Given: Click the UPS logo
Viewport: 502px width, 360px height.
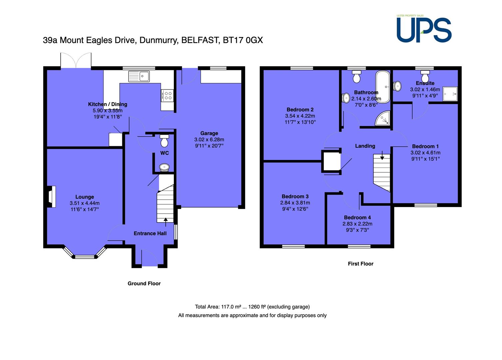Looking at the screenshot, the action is click(x=424, y=29).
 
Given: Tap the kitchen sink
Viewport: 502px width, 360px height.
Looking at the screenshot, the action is click(x=139, y=76).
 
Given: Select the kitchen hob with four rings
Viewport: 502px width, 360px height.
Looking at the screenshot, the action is click(x=167, y=95).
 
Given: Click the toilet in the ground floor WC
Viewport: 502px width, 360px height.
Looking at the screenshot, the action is click(x=164, y=141).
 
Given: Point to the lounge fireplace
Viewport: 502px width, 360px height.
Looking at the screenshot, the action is click(x=51, y=197).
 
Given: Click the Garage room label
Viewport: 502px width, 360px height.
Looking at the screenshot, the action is click(x=209, y=133).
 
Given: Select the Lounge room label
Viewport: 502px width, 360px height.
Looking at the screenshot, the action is click(x=85, y=197).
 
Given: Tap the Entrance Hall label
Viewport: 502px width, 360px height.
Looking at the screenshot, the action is click(x=150, y=233).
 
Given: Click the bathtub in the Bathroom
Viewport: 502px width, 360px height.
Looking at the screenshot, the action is click(x=383, y=87).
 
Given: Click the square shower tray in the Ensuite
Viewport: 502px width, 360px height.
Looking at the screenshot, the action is click(x=450, y=94).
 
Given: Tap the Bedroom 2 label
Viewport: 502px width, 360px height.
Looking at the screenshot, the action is click(x=300, y=110).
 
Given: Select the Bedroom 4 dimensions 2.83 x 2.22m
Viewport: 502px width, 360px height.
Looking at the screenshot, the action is click(x=357, y=224).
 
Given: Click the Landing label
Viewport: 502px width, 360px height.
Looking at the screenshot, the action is click(x=365, y=146).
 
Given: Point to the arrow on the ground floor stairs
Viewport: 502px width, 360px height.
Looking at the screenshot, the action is click(x=166, y=222).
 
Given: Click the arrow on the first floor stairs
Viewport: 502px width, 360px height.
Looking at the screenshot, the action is click(x=382, y=155).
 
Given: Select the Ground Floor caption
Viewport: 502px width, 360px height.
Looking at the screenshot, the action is click(x=144, y=284).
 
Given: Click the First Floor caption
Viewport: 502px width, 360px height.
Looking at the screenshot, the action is click(x=360, y=264).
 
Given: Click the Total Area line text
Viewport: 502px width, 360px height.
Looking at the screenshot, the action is click(x=252, y=307).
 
